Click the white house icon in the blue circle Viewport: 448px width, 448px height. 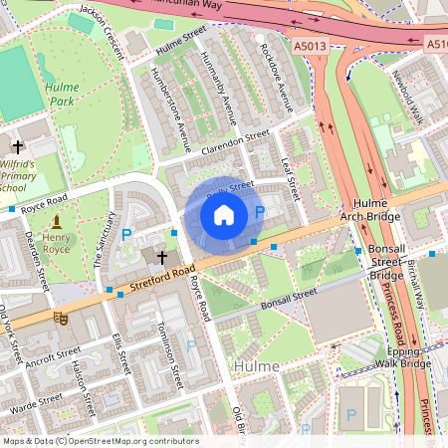[224, 213]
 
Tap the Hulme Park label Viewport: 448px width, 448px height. [61, 95]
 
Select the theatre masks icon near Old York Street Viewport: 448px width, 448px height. [59, 318]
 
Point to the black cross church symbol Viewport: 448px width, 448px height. [162, 256]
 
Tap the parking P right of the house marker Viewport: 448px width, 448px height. [260, 212]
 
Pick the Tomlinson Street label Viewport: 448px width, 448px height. [168, 350]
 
